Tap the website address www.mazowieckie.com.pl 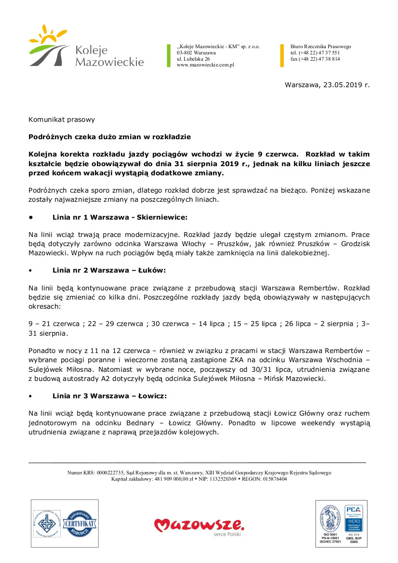[205, 65]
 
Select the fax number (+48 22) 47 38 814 [315, 59]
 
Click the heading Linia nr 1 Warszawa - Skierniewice [119, 217]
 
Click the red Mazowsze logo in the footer [199, 524]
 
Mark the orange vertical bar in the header [282, 55]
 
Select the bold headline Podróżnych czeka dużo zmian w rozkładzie [109, 137]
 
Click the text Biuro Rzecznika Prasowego [320, 47]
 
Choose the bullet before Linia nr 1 [31, 217]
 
